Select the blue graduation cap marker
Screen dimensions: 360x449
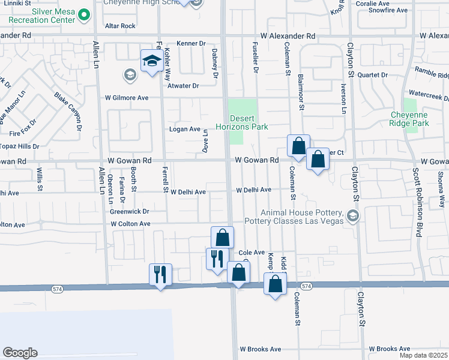[151, 61]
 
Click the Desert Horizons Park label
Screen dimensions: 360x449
[247, 122]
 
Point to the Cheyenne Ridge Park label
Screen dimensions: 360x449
[409, 118]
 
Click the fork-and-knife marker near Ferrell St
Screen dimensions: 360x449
[160, 274]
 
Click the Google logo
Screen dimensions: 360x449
[20, 353]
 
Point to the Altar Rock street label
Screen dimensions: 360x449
[120, 26]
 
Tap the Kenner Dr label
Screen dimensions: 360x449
[191, 43]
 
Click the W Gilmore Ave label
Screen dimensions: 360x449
[127, 97]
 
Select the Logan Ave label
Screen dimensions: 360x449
[187, 129]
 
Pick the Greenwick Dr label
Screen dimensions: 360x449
[129, 211]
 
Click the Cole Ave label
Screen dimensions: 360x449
[252, 253]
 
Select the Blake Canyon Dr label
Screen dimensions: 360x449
[67, 112]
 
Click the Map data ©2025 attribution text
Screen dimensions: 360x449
[422, 355]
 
